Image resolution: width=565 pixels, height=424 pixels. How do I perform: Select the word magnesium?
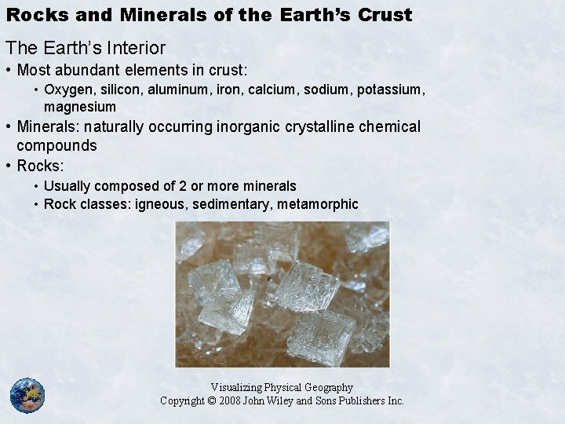tap(80, 106)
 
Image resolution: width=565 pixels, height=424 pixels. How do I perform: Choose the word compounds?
tap(56, 145)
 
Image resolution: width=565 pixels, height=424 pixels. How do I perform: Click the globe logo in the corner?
tap(27, 395)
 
